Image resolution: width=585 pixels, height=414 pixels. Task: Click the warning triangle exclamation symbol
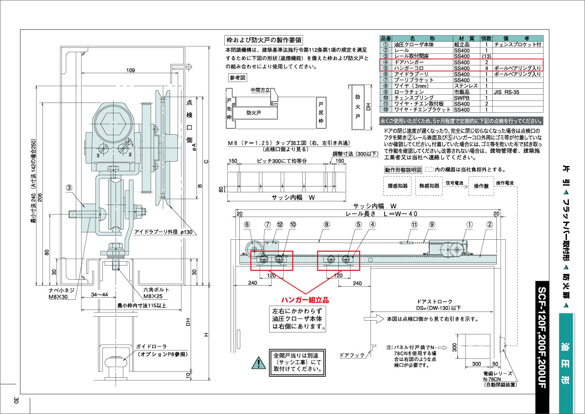click(x=256, y=363)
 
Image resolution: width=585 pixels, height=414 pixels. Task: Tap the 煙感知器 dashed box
click(x=397, y=186)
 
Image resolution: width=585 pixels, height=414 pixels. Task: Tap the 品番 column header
click(x=385, y=38)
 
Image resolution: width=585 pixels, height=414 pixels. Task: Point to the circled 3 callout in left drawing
click(x=70, y=187)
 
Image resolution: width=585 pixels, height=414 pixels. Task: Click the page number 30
click(x=16, y=400)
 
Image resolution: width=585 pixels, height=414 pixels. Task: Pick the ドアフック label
click(x=352, y=355)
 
